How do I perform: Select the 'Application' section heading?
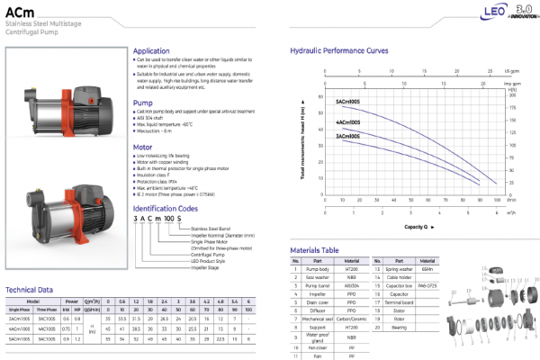click(x=153, y=51)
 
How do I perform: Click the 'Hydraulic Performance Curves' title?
click(x=340, y=51)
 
